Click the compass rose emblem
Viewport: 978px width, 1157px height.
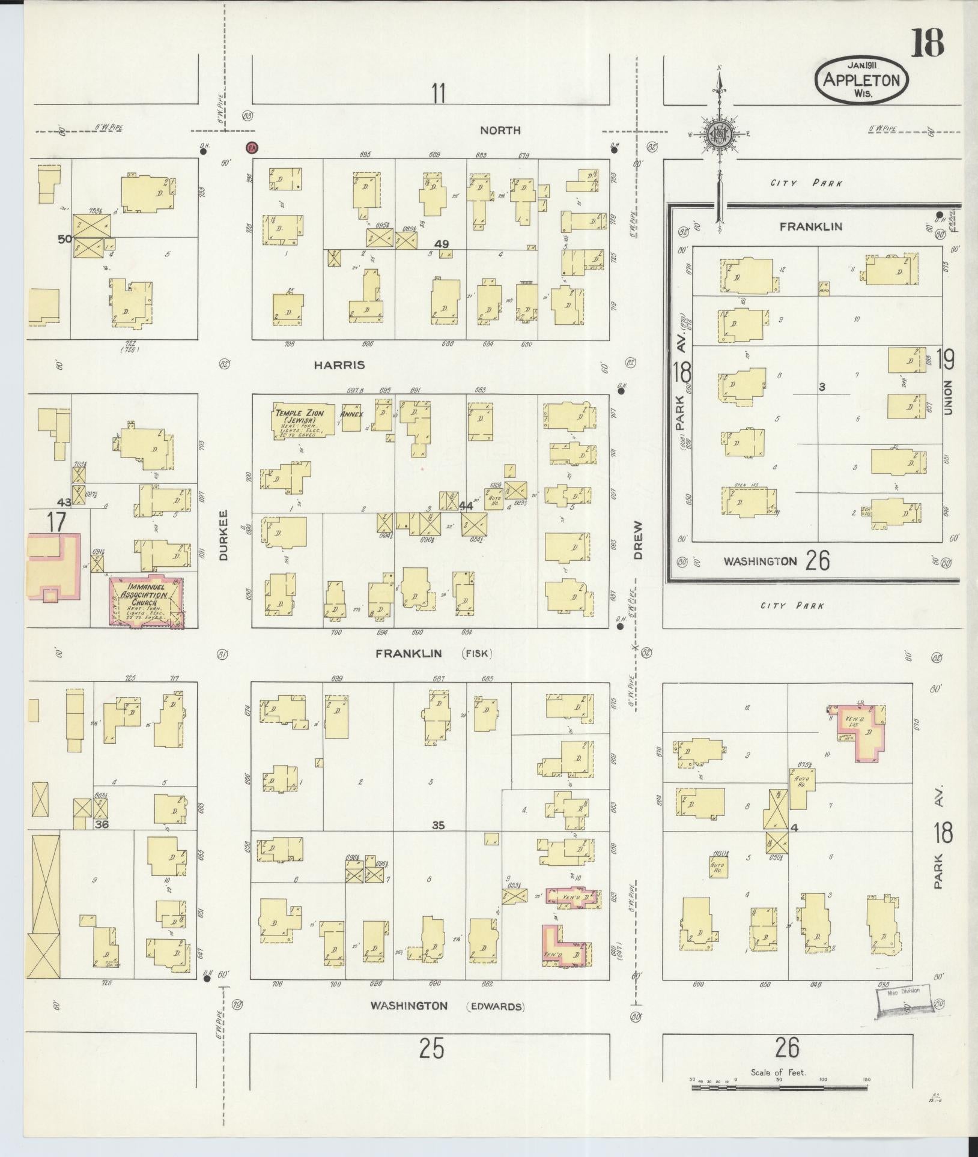coord(718,134)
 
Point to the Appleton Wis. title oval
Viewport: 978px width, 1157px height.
coord(861,80)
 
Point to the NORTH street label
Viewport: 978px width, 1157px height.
coord(500,130)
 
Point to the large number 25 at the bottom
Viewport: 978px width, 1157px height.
coord(431,1050)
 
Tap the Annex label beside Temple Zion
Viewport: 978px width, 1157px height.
coord(350,414)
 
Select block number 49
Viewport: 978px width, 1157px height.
coord(442,244)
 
